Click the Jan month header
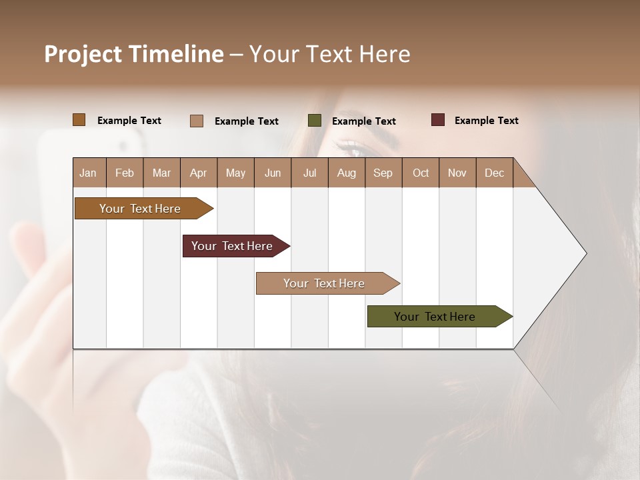(88, 173)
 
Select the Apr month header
(198, 173)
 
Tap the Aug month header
(346, 173)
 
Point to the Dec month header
(494, 173)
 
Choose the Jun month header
(272, 173)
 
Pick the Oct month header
(420, 173)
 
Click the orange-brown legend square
(79, 120)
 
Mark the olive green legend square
(315, 121)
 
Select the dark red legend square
(437, 120)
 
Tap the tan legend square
(196, 121)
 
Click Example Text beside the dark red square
(486, 121)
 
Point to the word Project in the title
(83, 55)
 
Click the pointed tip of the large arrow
(585, 253)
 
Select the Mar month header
(161, 173)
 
